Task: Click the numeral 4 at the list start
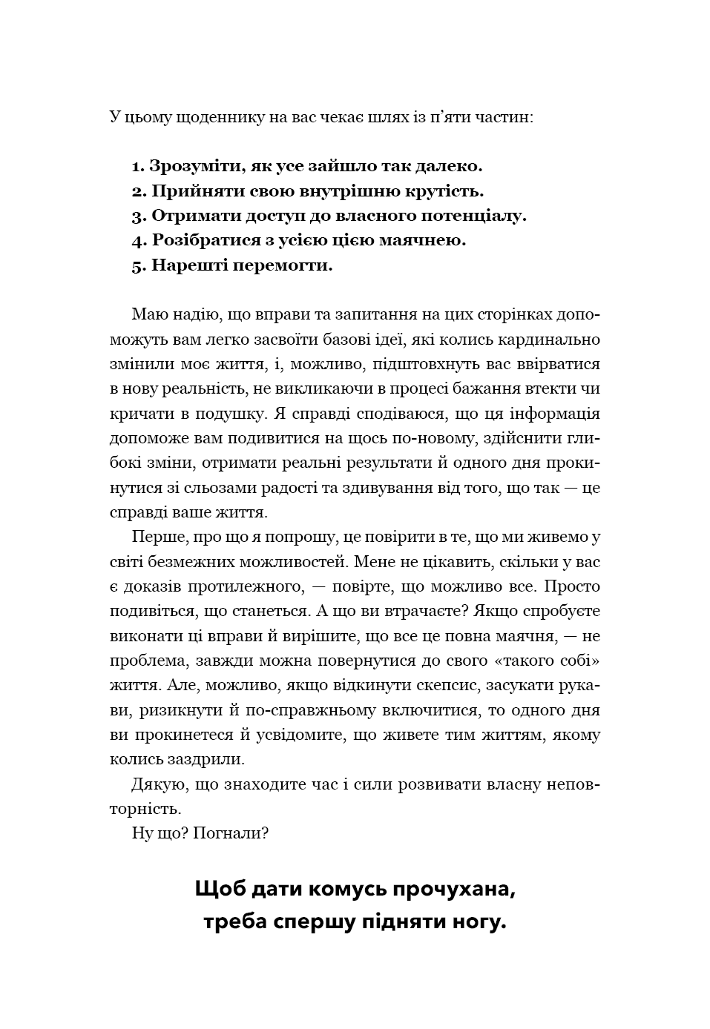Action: tap(137, 241)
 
